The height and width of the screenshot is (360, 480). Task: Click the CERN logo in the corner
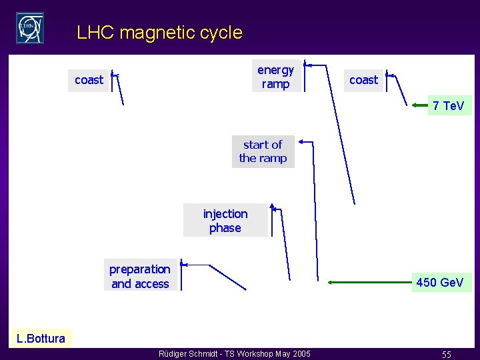pos(30,28)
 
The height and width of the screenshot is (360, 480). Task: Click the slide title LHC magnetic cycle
pos(159,32)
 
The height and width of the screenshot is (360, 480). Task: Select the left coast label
pos(89,80)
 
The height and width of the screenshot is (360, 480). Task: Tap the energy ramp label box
pos(275,77)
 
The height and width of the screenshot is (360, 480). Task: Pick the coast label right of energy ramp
pos(363,80)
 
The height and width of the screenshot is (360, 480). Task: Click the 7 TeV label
pos(449,105)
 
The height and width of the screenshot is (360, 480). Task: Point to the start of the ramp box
pos(263,151)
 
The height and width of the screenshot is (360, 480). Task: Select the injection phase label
pos(225,221)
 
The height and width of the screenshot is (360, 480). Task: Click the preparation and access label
pos(140,277)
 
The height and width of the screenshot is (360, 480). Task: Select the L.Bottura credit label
pos(41,338)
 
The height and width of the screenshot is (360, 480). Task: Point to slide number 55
pos(446,355)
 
